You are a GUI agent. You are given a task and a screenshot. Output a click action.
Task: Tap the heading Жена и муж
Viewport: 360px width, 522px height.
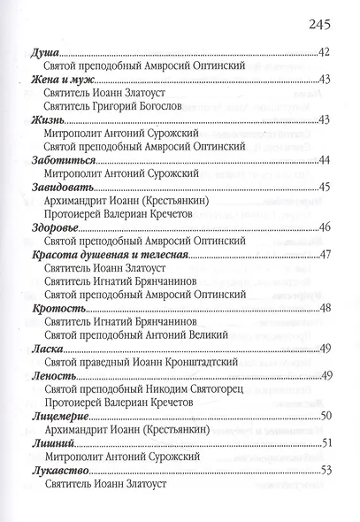coord(59,80)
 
